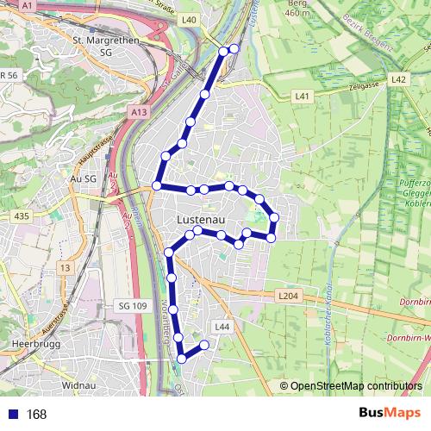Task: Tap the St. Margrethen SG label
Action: tap(107, 46)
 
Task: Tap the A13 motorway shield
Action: tap(141, 112)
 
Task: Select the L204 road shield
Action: tap(288, 296)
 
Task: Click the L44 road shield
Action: tap(222, 327)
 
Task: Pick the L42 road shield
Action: tap(397, 79)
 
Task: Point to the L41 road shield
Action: tap(302, 97)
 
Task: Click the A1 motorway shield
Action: tap(28, 5)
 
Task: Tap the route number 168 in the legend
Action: tap(36, 415)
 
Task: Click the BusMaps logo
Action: tap(390, 414)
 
